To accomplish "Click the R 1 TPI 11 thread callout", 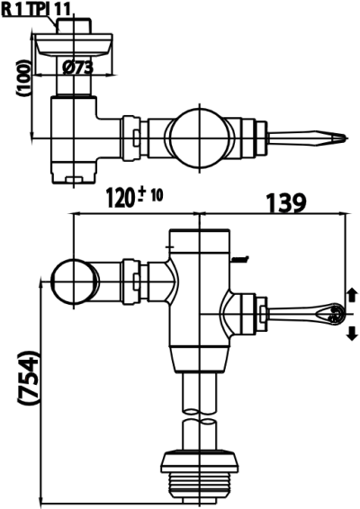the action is [36, 10].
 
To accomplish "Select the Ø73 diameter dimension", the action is [78, 67].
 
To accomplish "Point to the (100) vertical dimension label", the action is [23, 77].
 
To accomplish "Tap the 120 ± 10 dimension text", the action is [134, 199].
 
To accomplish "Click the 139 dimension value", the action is [286, 202].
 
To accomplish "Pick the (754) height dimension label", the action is [29, 378].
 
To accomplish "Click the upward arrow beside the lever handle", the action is [352, 295].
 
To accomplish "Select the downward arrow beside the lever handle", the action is [352, 334].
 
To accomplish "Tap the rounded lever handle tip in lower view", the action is [334, 314].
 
